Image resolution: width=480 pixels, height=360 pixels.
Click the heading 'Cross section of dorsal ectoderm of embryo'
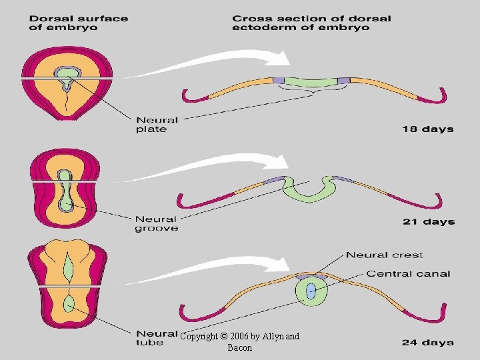(x=312, y=22)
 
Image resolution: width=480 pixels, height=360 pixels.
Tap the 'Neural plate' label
(x=157, y=125)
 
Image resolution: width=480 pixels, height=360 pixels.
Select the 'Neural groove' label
(x=157, y=223)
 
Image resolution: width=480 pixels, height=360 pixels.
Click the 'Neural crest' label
(x=384, y=255)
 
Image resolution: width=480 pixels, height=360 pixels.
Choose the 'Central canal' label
(x=408, y=273)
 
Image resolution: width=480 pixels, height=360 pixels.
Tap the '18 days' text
(x=427, y=129)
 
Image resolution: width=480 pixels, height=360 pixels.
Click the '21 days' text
(x=428, y=222)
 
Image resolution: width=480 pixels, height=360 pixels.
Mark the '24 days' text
(x=427, y=342)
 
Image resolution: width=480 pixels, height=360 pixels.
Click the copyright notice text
(x=240, y=342)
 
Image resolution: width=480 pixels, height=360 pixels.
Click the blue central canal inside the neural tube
(x=310, y=291)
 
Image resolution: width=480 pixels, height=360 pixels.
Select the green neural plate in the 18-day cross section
(x=310, y=82)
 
